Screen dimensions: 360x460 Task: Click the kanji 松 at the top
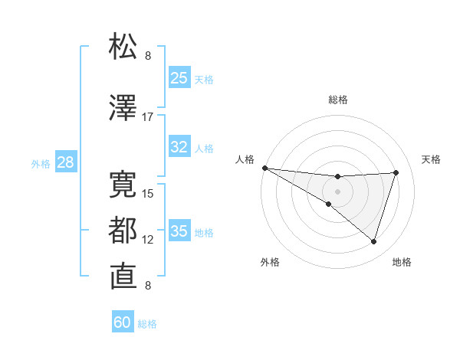coord(123,47)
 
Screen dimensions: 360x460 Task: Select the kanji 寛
coord(123,184)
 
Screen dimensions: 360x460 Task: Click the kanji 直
coord(123,276)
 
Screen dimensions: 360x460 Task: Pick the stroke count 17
coord(148,117)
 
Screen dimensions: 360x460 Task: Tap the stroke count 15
coord(148,193)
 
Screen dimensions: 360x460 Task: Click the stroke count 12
coord(148,239)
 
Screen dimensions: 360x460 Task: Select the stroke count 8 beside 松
coord(148,56)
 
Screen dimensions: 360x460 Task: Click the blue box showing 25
coord(179,78)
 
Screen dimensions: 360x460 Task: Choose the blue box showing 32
coord(179,148)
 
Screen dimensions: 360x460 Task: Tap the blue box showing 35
coord(179,231)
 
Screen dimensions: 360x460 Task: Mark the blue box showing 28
coord(65,162)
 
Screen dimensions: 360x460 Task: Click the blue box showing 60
coord(123,322)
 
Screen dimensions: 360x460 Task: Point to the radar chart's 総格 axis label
coord(338,100)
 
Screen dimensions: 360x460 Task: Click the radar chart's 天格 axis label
coord(432,159)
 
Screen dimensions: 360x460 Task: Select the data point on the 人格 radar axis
coord(264,168)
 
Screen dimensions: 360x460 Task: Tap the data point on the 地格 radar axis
coord(373,242)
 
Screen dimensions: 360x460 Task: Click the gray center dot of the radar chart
coord(337,190)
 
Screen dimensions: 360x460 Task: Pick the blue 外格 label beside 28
coord(41,163)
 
